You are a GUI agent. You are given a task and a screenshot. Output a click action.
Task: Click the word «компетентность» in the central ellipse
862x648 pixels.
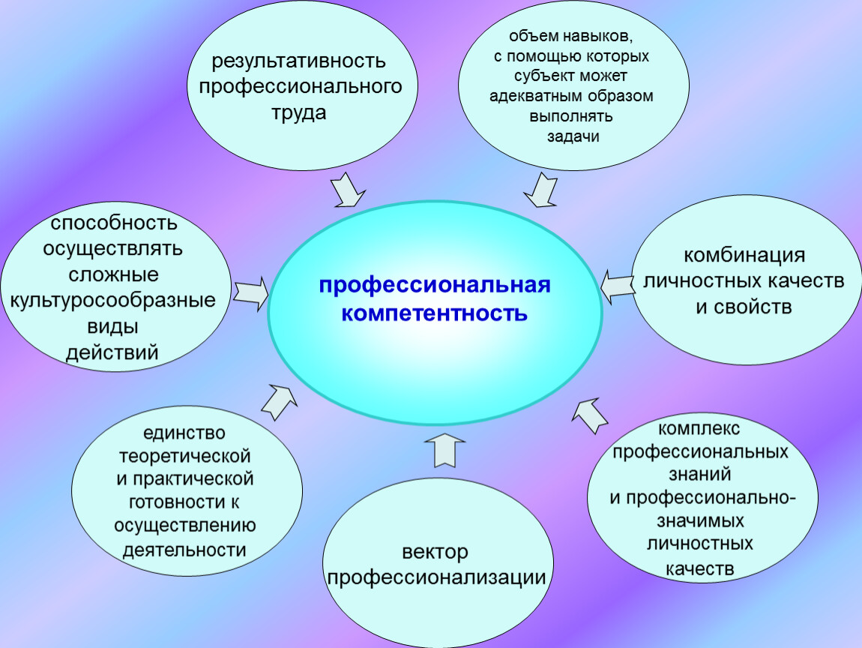coord(434,313)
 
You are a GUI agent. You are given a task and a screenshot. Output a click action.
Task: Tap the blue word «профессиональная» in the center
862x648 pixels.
coord(435,286)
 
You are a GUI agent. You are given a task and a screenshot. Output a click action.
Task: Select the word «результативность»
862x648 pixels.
coord(298,61)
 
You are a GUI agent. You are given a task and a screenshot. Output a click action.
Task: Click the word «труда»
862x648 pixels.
coord(299,112)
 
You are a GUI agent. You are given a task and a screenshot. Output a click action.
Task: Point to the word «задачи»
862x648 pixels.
coord(573,136)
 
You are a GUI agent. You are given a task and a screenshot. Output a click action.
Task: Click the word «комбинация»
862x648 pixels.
coord(744,255)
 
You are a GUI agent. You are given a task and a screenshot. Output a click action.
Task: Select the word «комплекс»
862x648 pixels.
coord(699,428)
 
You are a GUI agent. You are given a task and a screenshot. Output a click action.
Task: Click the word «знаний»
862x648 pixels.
coord(700,474)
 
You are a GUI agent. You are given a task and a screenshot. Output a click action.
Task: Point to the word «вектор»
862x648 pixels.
coord(435,552)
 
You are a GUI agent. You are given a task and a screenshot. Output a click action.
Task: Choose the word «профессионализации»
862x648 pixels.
coord(436,578)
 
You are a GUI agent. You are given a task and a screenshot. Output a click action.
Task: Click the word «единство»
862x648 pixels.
coord(184,433)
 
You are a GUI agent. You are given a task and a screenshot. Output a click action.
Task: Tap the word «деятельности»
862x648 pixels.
coord(184,550)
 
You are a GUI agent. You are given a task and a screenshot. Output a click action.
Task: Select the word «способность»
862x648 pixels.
coord(114,223)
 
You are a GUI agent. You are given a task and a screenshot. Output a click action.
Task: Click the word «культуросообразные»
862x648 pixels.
coord(112,301)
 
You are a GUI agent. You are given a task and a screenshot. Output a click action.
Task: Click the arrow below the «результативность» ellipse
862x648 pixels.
coord(348,190)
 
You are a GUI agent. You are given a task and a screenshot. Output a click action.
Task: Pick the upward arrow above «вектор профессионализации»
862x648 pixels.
coord(444,449)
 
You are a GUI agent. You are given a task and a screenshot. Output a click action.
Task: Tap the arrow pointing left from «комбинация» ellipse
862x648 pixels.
coord(618,286)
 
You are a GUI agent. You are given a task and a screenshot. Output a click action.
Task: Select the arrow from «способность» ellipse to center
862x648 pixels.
coord(250,294)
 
